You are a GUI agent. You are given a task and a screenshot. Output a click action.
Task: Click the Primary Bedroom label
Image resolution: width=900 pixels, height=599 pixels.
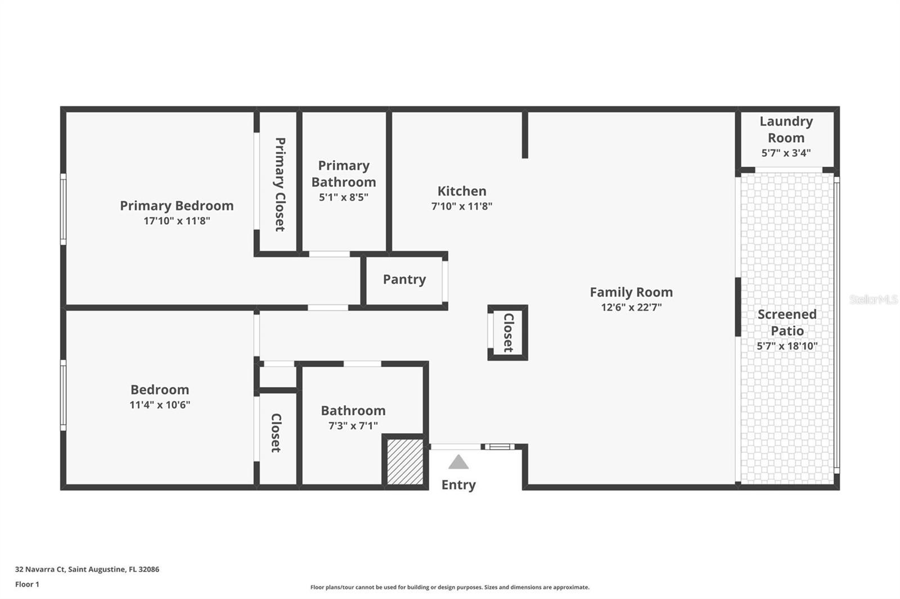pos(177,206)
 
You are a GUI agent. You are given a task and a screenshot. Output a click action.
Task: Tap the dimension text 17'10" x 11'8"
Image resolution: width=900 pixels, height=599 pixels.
pos(177,221)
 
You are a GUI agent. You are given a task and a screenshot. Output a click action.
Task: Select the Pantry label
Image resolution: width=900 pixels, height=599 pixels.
pos(404,279)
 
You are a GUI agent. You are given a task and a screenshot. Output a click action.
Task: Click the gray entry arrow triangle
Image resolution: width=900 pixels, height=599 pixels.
pos(458,462)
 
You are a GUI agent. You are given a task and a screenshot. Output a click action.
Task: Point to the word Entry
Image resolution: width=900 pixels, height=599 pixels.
pos(458,484)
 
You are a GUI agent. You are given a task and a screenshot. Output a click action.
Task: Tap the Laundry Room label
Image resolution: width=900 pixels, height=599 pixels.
pos(786,129)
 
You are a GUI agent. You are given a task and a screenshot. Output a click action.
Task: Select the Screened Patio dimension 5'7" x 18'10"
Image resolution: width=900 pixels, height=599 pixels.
pos(786,346)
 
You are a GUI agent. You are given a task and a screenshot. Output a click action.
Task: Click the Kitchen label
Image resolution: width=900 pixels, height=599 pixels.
pos(462,191)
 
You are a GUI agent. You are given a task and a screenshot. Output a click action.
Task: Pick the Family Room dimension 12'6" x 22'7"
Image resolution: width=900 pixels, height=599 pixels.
pos(631,307)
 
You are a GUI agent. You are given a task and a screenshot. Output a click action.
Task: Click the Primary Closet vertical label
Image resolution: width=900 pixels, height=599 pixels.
pos(280,184)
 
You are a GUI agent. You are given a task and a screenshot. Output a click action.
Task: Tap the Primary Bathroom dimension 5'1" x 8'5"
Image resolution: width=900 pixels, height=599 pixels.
pos(343,197)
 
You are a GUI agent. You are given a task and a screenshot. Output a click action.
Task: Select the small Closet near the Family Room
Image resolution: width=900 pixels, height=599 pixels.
pos(508,333)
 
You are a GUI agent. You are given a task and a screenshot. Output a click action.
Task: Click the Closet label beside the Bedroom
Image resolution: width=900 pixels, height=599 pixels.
pos(276,433)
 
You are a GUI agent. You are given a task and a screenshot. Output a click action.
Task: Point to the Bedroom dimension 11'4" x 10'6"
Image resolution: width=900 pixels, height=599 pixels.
pos(160,405)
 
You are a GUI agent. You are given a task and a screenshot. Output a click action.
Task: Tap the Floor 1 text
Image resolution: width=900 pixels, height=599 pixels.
pos(27,584)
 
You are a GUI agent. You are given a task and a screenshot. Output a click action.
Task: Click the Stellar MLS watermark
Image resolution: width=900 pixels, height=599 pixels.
pos(873,299)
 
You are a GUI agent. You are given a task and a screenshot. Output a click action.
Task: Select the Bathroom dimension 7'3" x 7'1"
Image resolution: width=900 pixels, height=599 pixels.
pos(353,426)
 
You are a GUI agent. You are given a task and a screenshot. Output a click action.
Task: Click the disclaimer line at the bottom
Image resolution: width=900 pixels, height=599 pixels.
pos(449,587)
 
